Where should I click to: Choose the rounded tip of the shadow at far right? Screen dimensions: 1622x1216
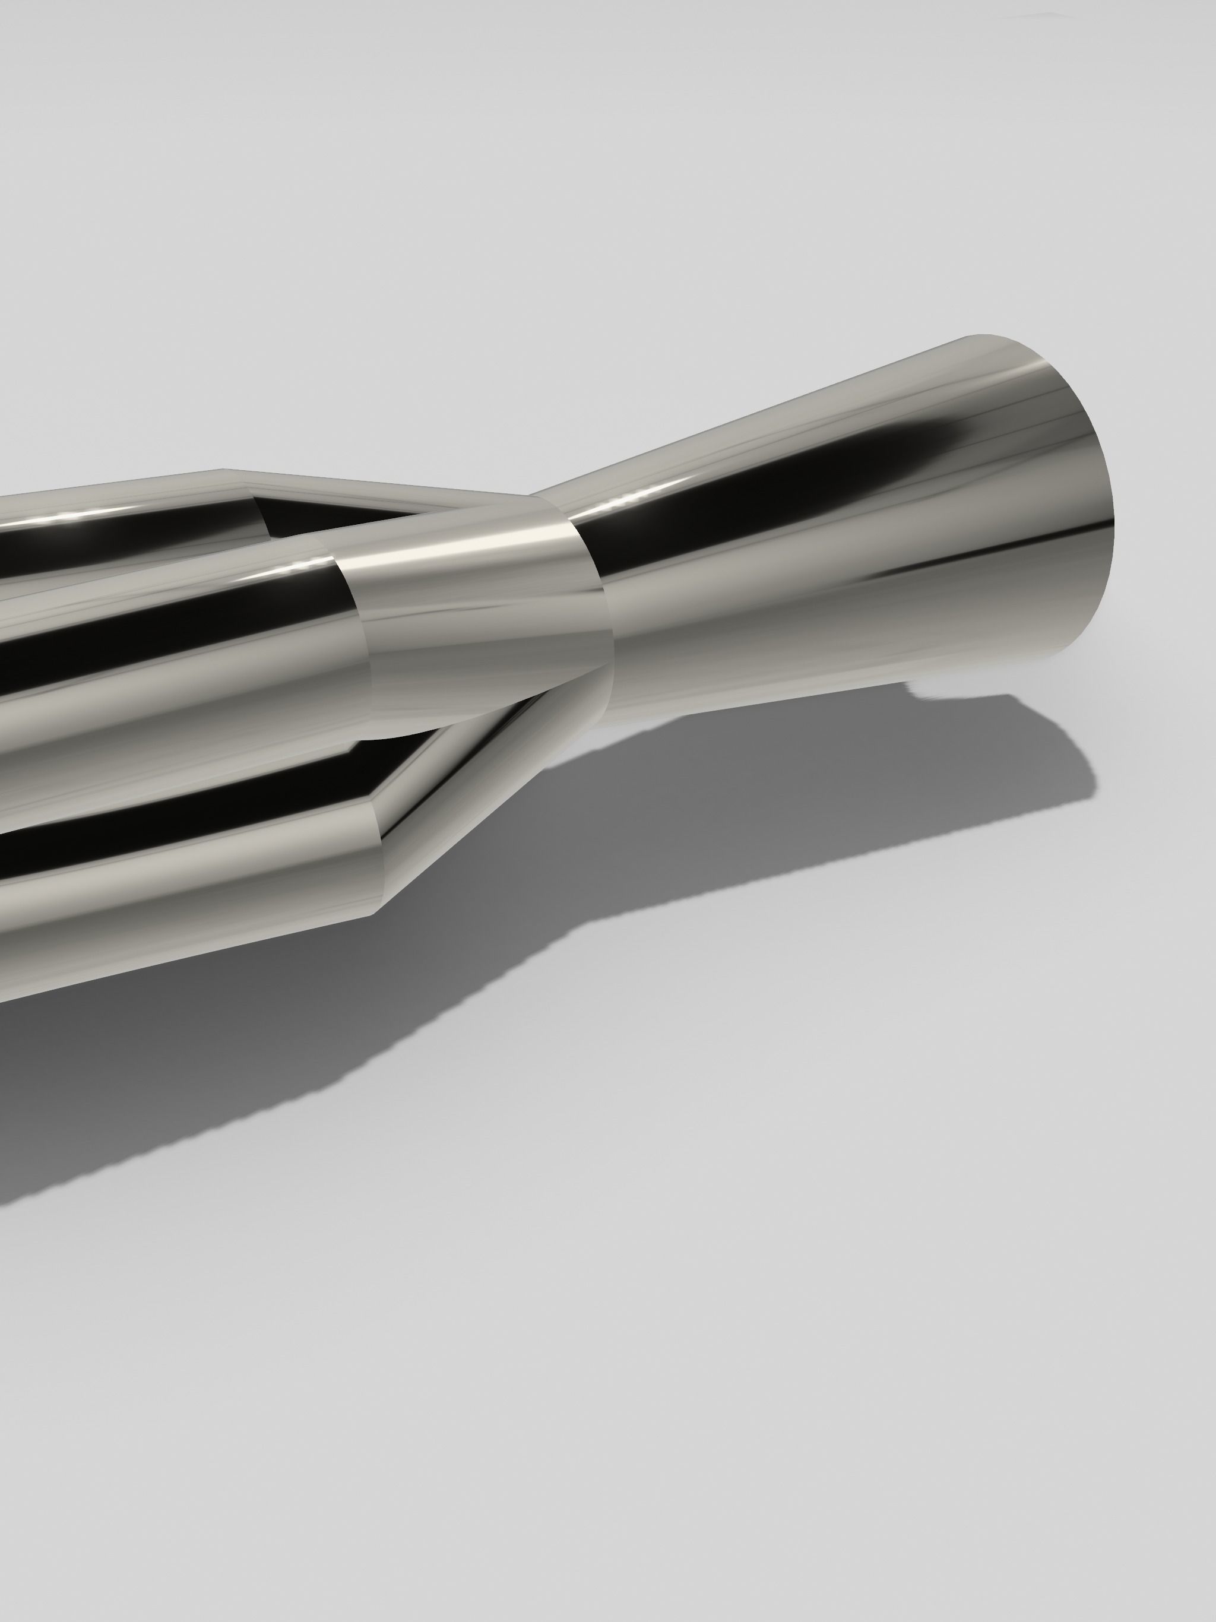pos(1085,777)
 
